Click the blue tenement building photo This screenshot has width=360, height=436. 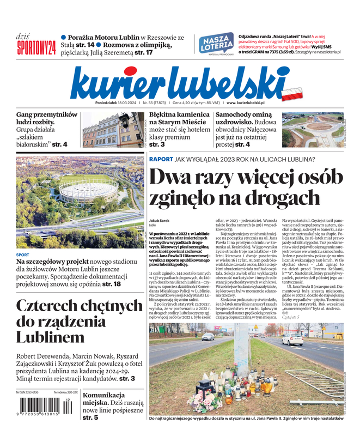click(107, 130)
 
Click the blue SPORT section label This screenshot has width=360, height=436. click(23, 255)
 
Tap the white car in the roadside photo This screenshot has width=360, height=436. click(292, 339)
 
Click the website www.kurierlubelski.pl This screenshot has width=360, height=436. click(245, 102)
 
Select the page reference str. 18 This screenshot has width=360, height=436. click(109, 284)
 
